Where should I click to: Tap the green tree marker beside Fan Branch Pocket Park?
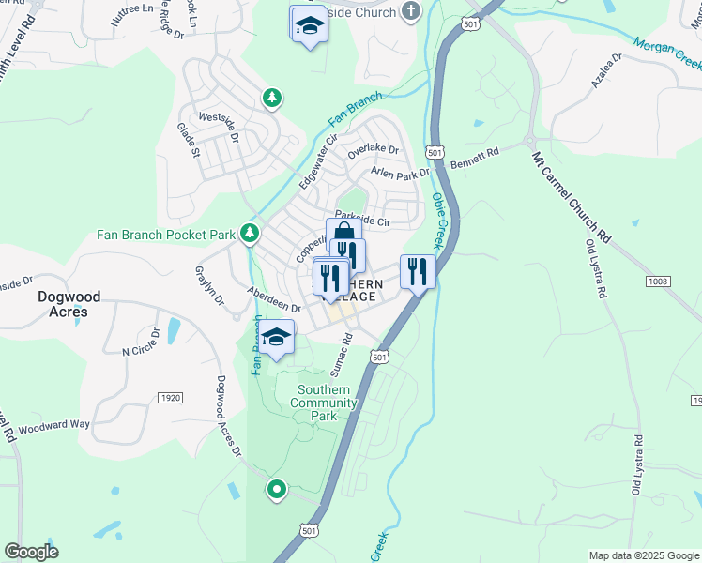[250, 232]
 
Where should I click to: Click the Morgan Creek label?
[667, 52]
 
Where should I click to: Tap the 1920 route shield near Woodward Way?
[170, 398]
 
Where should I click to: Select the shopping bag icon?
[343, 233]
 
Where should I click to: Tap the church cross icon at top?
[409, 12]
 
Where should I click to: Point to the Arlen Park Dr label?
[399, 173]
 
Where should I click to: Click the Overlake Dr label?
[374, 149]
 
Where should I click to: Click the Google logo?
[32, 552]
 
